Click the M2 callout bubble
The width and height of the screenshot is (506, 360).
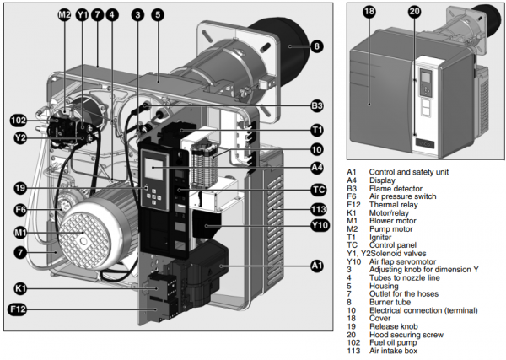(x=65, y=15)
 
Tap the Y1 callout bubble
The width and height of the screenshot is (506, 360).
(x=82, y=15)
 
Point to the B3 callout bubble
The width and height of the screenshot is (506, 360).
(x=316, y=106)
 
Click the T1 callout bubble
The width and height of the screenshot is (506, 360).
(x=316, y=131)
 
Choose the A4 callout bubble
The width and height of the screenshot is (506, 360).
(x=316, y=167)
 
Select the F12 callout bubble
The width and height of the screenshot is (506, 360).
(x=19, y=310)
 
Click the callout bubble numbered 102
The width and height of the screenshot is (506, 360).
(x=19, y=120)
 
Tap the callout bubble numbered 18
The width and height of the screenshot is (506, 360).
(x=369, y=11)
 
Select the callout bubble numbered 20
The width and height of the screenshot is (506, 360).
(x=413, y=11)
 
